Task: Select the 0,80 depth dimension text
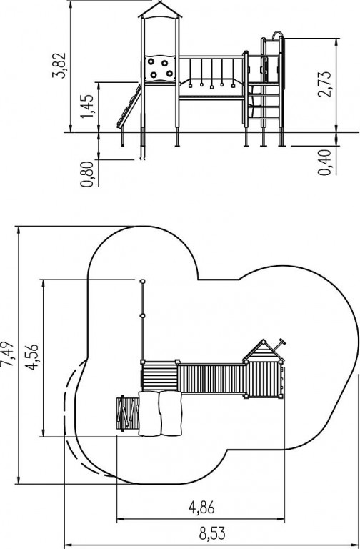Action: point(86,174)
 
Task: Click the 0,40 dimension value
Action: point(324,162)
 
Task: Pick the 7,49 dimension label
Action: point(7,354)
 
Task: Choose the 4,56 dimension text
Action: point(32,357)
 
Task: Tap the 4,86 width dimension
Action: point(201,508)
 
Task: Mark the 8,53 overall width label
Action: point(213,534)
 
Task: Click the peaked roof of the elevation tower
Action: point(160,11)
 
